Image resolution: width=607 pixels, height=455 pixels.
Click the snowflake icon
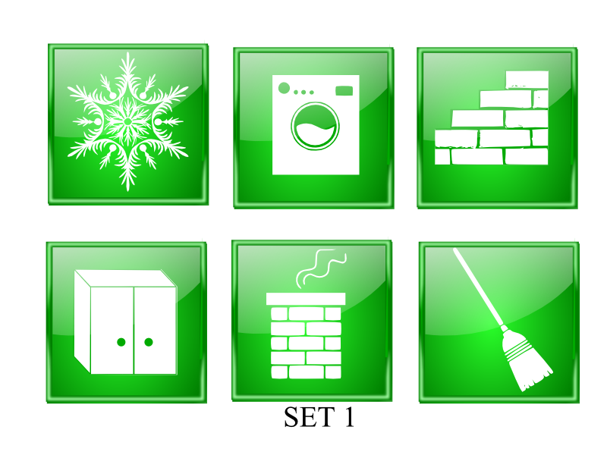point(127,122)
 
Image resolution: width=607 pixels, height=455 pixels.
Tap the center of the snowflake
point(127,122)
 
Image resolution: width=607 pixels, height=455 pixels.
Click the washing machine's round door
point(315,126)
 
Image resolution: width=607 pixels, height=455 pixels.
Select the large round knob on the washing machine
point(284,88)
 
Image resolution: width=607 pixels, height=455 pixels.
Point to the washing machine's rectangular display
point(344,91)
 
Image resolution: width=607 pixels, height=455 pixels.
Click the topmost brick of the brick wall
point(527,80)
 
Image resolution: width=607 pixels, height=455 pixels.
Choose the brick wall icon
point(492,118)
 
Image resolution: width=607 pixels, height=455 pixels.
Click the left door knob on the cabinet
point(121,342)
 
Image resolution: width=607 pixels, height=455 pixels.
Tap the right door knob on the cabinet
point(149,342)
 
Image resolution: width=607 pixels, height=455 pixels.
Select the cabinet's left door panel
point(112,330)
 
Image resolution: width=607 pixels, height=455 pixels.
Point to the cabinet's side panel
point(83,322)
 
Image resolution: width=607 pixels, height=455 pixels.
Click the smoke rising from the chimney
point(321,268)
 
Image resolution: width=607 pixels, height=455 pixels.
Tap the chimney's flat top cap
point(306,299)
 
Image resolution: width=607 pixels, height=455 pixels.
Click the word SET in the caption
point(310,417)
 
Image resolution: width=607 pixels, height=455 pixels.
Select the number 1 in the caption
point(349,417)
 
